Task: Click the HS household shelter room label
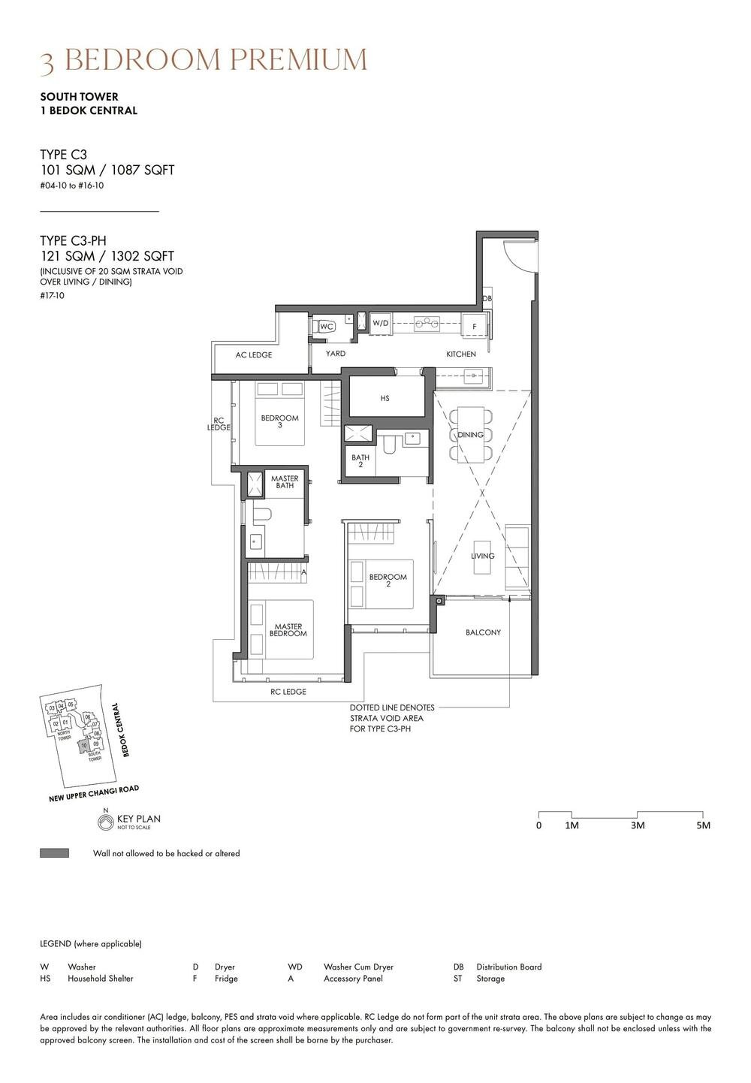385,399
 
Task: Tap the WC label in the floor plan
326,327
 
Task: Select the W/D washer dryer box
381,324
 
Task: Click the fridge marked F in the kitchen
474,327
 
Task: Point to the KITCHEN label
460,354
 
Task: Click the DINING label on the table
470,435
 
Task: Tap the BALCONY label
483,632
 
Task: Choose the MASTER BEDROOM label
288,630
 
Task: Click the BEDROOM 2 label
388,581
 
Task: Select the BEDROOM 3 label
279,421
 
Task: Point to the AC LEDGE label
254,354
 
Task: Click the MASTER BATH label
285,482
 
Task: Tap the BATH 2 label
360,461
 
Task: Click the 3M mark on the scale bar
637,825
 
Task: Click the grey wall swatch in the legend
54,853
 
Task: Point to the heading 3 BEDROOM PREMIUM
204,60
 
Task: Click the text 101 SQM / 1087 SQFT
107,170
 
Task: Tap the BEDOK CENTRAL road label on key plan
120,729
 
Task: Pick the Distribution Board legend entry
508,967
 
